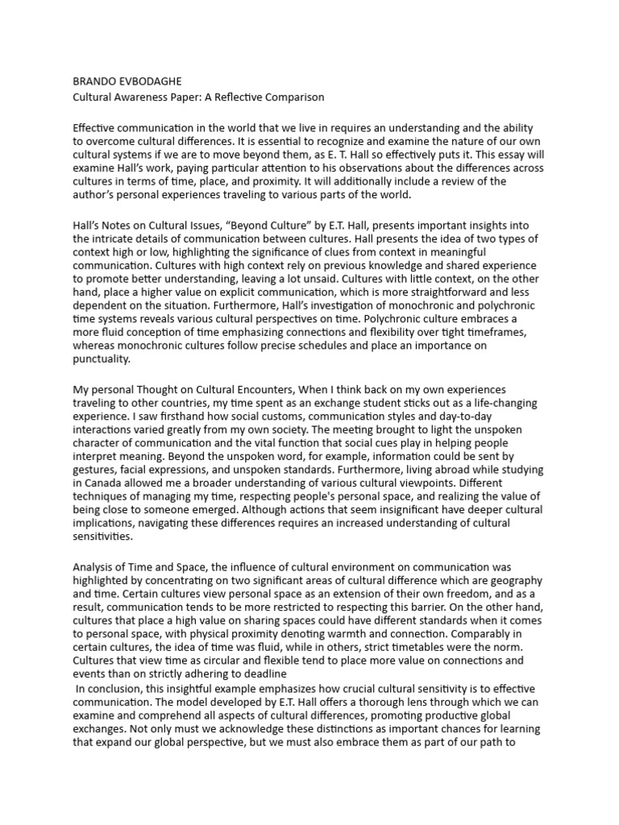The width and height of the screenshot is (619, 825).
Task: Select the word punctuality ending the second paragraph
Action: pyautogui.click(x=101, y=359)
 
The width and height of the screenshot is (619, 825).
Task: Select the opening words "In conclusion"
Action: pyautogui.click(x=109, y=690)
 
